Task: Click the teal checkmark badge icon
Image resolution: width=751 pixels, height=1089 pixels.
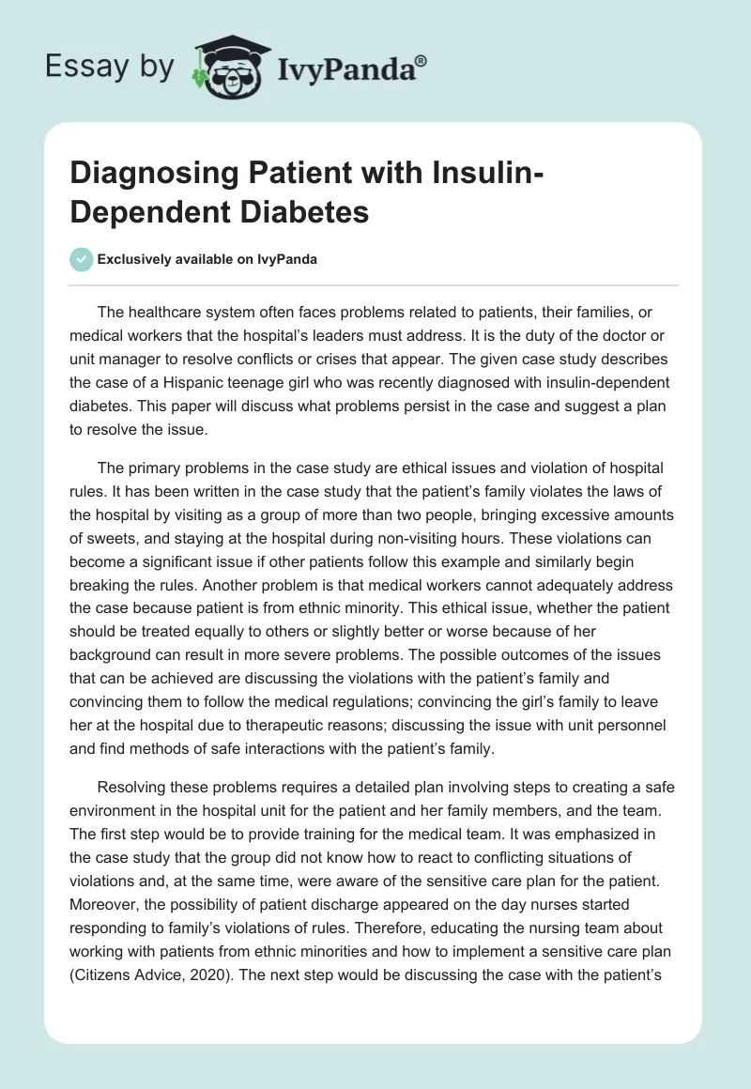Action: pos(82,259)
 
